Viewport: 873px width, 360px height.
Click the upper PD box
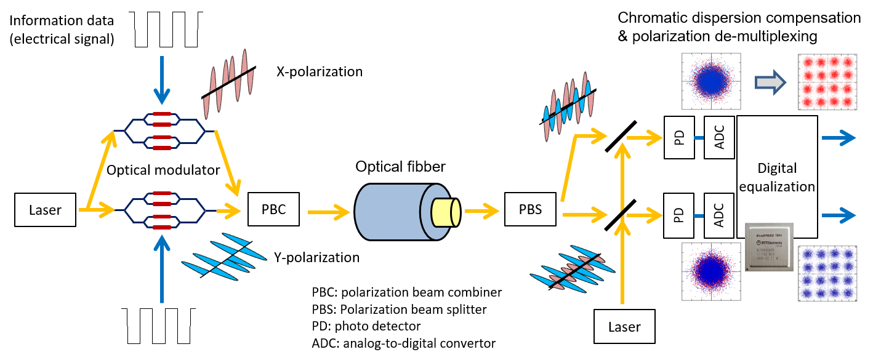679,137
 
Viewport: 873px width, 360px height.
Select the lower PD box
679,215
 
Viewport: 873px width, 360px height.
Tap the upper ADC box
719,137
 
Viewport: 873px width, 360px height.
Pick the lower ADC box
719,215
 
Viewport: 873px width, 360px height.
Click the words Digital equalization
777,177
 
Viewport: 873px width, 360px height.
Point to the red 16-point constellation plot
827,81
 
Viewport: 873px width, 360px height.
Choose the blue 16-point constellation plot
827,273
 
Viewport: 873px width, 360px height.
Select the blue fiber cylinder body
388,212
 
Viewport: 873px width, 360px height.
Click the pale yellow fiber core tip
446,212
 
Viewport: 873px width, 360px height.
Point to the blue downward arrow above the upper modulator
162,80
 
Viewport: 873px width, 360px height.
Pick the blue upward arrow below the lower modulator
162,271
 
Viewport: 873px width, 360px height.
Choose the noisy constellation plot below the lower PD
710,271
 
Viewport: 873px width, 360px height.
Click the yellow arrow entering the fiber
329,212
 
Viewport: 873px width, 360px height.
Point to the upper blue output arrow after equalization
837,137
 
